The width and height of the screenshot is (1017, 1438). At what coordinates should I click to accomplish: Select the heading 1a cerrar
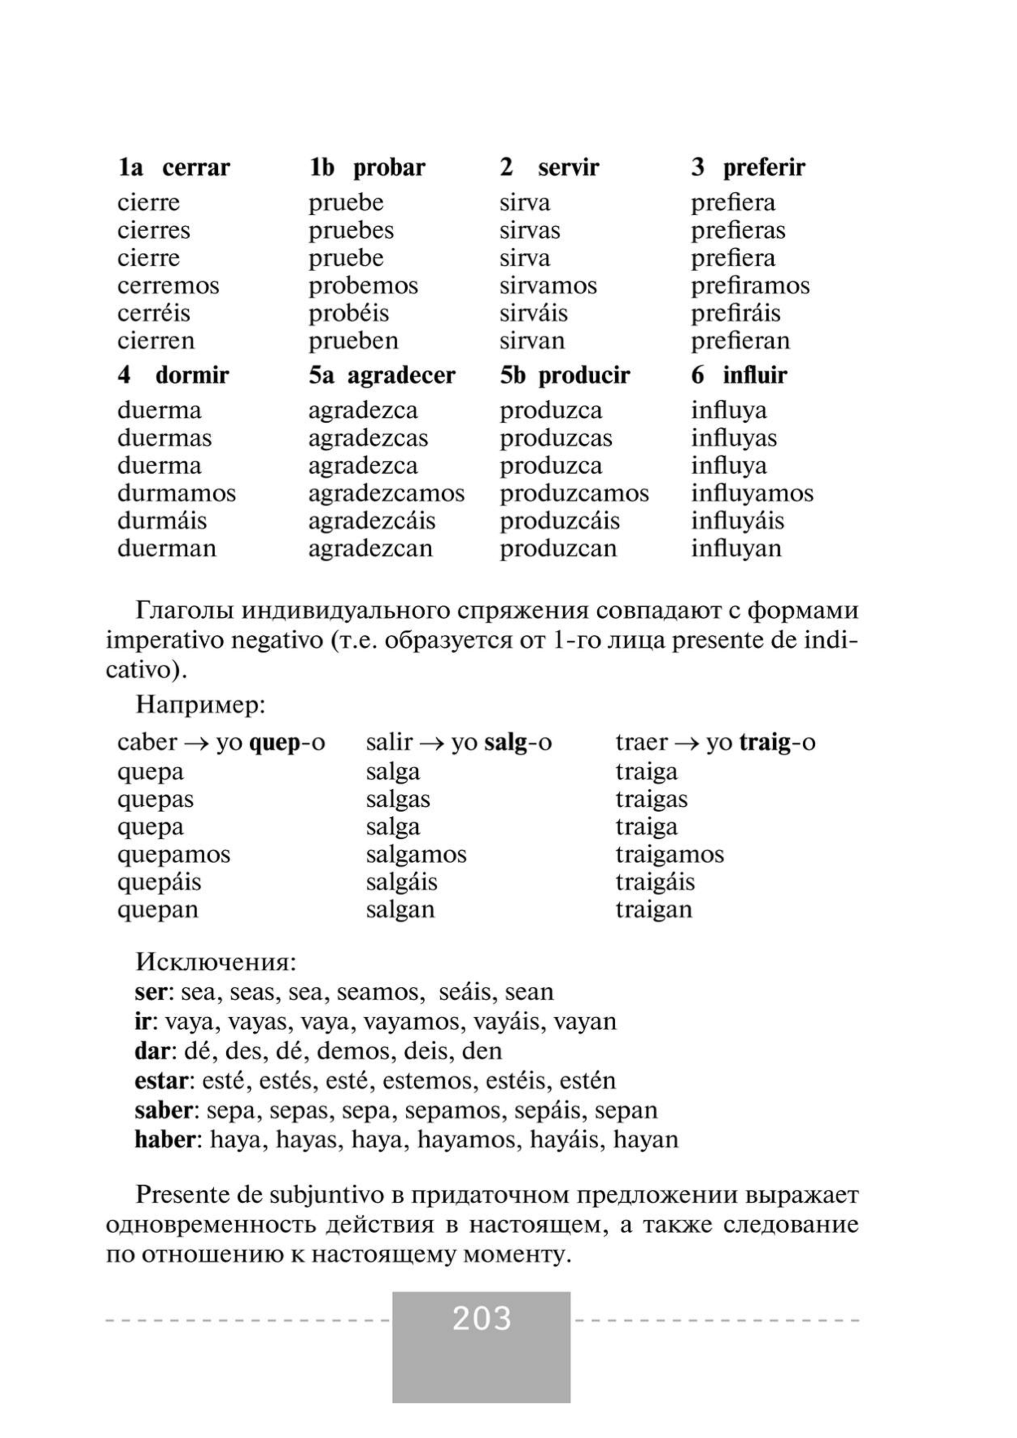click(174, 168)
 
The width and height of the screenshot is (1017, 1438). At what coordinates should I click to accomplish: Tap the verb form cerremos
click(168, 286)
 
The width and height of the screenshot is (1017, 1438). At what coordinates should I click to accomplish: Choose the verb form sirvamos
click(548, 286)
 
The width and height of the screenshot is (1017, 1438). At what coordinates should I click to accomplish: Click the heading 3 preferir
click(748, 168)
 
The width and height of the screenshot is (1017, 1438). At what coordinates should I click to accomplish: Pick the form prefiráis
click(736, 313)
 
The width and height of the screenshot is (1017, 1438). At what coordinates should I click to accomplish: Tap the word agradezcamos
click(386, 494)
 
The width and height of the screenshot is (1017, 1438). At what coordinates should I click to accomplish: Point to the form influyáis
click(737, 521)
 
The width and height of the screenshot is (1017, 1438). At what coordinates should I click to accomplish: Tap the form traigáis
click(655, 882)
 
